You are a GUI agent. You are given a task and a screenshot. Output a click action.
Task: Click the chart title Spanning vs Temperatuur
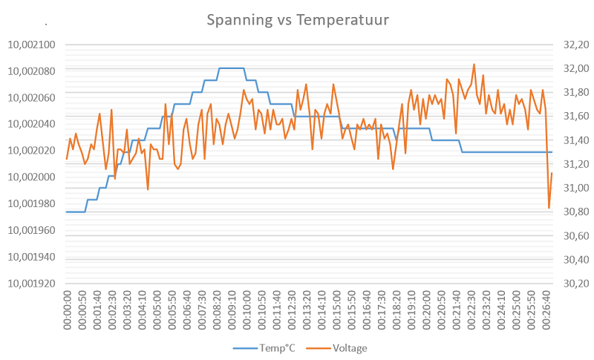[297, 19]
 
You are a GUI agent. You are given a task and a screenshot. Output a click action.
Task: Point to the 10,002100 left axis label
[32, 45]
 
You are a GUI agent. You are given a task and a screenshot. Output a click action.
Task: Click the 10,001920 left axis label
[32, 284]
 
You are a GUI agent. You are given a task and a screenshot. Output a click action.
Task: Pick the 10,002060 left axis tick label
[32, 98]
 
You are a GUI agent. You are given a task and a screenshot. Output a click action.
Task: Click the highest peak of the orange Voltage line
[474, 65]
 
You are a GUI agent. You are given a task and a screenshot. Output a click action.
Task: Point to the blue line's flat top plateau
[232, 68]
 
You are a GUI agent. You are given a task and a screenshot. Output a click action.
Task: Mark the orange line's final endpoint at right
[552, 173]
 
